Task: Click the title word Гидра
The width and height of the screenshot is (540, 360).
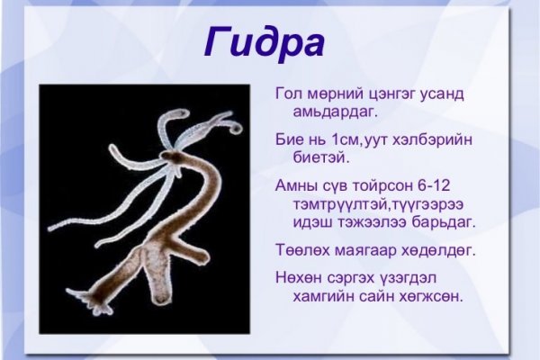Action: pyautogui.click(x=263, y=41)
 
